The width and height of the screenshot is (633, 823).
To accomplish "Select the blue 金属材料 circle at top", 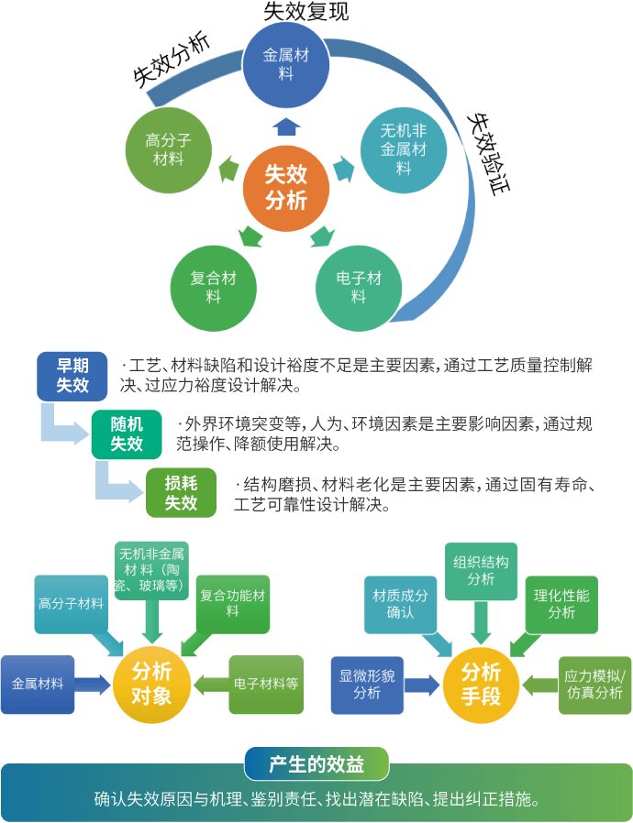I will pyautogui.click(x=286, y=63).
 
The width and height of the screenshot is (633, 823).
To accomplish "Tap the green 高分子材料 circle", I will pyautogui.click(x=169, y=149).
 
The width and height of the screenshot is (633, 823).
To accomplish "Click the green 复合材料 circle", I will pyautogui.click(x=214, y=287).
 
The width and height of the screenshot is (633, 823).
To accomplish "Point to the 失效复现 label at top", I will pyautogui.click(x=305, y=12).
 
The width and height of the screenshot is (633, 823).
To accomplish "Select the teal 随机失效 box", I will pyautogui.click(x=128, y=433).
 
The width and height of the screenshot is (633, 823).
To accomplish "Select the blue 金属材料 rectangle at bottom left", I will pyautogui.click(x=38, y=684).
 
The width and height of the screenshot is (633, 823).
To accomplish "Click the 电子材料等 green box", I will pyautogui.click(x=266, y=684).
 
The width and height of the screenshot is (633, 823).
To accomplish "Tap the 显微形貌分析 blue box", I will pyautogui.click(x=367, y=684).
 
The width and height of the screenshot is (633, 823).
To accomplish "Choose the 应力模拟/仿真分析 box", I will pyautogui.click(x=595, y=684).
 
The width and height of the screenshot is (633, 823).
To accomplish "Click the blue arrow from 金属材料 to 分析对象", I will pyautogui.click(x=93, y=684).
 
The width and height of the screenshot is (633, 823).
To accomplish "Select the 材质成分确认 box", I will pyautogui.click(x=400, y=603).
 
